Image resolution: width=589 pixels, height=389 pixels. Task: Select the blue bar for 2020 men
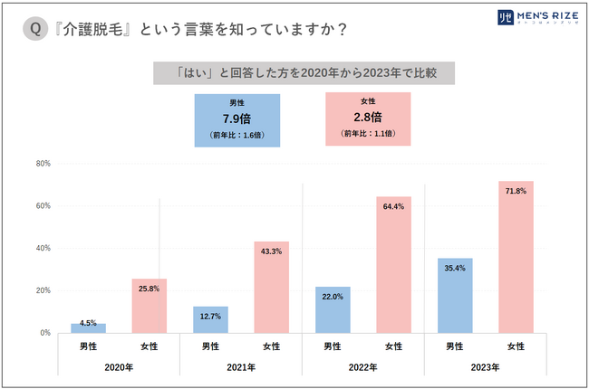[x=89, y=327]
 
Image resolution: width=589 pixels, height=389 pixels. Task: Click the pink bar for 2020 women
[x=150, y=306]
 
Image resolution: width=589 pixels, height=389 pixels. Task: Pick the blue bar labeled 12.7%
[x=210, y=319]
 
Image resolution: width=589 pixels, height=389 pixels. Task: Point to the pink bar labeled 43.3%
[x=272, y=287]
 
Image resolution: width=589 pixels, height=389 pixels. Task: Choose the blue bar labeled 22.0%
[x=333, y=309]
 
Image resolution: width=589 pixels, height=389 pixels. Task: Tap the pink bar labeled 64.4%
[x=394, y=264]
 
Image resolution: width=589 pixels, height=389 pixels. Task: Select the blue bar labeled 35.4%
[x=455, y=295]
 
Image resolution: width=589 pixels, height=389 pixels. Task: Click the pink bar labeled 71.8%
[x=517, y=257]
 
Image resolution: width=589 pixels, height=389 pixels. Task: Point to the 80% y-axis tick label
[x=43, y=164]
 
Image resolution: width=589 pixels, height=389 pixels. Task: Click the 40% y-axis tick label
[x=43, y=248]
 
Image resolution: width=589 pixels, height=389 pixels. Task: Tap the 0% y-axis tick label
[x=44, y=333]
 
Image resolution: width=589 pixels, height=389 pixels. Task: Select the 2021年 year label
[x=241, y=367]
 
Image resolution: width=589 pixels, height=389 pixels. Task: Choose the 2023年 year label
[x=485, y=367]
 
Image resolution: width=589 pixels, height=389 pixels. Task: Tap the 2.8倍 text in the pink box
[x=367, y=117]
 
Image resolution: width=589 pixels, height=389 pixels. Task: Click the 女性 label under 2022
[x=394, y=346]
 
